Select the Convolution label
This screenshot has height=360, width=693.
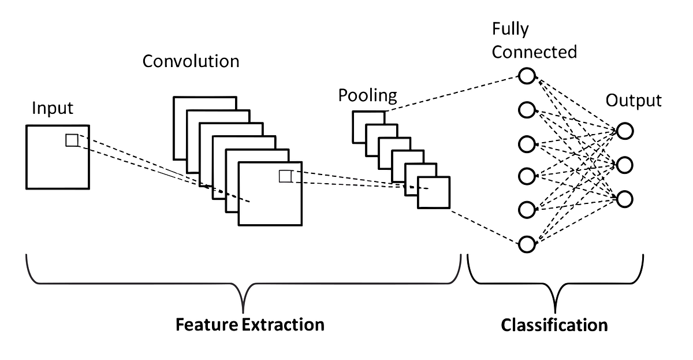[x=191, y=61]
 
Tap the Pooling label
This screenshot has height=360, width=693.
[x=368, y=95]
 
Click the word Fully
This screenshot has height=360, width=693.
[x=510, y=28]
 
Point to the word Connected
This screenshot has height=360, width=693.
[x=534, y=52]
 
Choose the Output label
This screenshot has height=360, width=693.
[x=633, y=101]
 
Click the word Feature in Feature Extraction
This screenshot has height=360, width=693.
[x=206, y=324]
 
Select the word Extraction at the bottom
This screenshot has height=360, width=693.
[x=282, y=324]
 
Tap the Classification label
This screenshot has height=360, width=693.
[x=554, y=324]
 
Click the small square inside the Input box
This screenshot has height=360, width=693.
[x=72, y=140]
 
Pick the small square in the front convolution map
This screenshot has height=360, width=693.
[x=285, y=176]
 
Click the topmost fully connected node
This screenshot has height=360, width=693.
[x=527, y=76]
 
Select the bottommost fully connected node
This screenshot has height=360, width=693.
[x=527, y=244]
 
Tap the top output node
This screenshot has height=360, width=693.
[x=625, y=131]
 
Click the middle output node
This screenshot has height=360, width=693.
[x=625, y=165]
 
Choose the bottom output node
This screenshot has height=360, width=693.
[x=625, y=198]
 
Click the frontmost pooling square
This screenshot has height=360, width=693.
[x=434, y=192]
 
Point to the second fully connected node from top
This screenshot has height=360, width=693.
[x=527, y=109]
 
